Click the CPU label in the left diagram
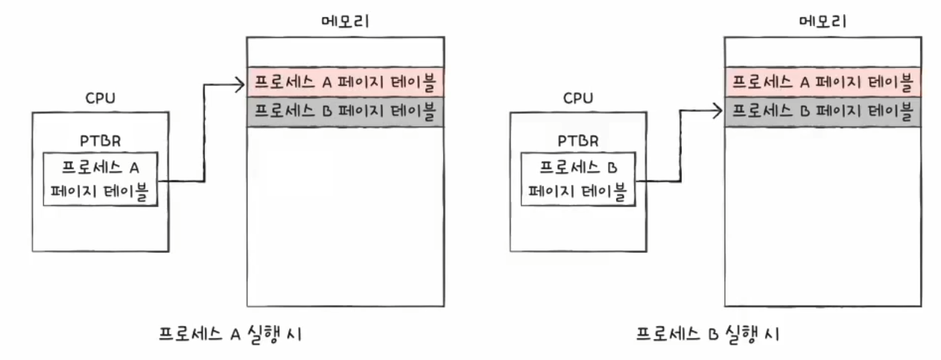pyautogui.click(x=100, y=98)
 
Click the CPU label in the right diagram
pyautogui.click(x=578, y=98)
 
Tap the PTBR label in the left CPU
pyautogui.click(x=100, y=141)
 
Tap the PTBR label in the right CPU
pyautogui.click(x=578, y=141)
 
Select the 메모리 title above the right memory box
pyautogui.click(x=823, y=22)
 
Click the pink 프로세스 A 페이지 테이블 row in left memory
pyautogui.click(x=346, y=81)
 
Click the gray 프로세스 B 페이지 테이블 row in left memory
pyautogui.click(x=346, y=112)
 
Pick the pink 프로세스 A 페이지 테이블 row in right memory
pyautogui.click(x=823, y=81)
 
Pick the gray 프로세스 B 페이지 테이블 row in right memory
pyautogui.click(x=823, y=112)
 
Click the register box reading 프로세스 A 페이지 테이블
pyautogui.click(x=100, y=179)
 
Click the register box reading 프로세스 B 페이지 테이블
pyautogui.click(x=578, y=179)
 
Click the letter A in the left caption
pyautogui.click(x=232, y=334)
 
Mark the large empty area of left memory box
pyautogui.click(x=346, y=216)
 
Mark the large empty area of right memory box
pyautogui.click(x=823, y=216)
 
